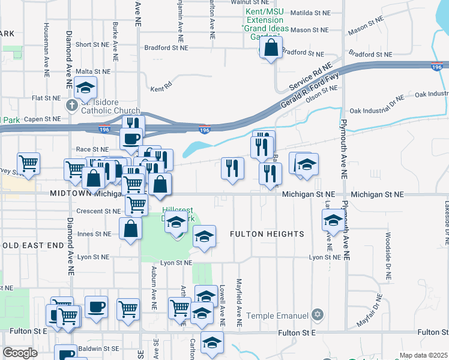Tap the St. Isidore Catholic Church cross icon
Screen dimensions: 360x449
(71, 106)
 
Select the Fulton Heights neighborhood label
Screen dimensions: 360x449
(267, 234)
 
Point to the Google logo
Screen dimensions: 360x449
(20, 353)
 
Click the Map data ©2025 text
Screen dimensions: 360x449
(423, 355)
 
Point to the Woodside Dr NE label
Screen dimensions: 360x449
(388, 257)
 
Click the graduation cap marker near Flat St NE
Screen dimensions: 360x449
(86, 88)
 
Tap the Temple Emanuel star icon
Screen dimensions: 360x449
(318, 316)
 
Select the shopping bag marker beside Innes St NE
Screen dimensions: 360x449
(131, 229)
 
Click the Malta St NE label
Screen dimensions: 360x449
(92, 71)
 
